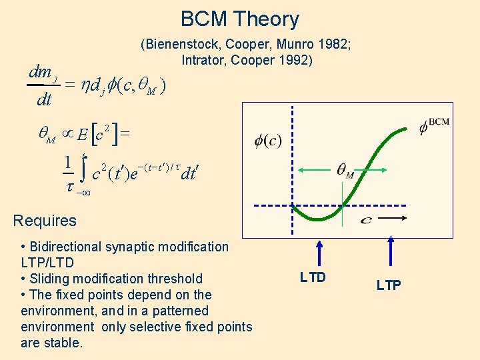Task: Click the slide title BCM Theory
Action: (x=240, y=19)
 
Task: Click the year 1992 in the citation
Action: (x=298, y=59)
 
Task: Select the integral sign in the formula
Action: (x=83, y=171)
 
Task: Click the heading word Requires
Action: (x=45, y=221)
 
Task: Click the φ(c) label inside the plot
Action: (x=268, y=141)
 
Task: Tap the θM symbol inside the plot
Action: (x=345, y=173)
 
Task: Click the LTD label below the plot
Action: (x=313, y=277)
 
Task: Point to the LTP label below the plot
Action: (x=389, y=285)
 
